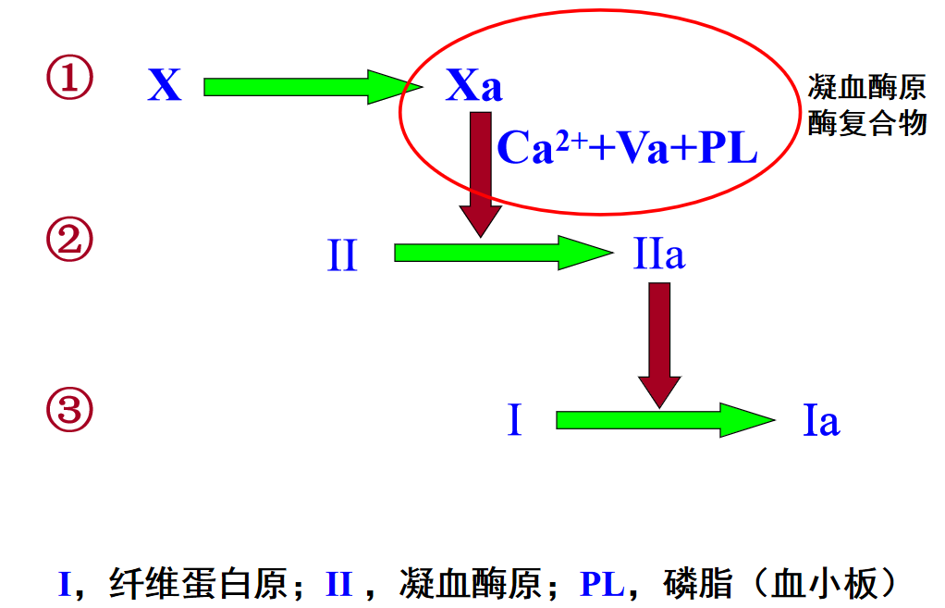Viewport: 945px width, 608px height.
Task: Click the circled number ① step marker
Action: click(x=70, y=80)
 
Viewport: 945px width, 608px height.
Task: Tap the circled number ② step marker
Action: click(x=70, y=242)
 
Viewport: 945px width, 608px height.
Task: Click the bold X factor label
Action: click(x=165, y=87)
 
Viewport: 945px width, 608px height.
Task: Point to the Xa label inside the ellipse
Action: click(x=473, y=87)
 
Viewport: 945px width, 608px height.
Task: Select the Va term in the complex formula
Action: click(x=643, y=148)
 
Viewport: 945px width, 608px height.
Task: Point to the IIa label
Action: click(x=659, y=254)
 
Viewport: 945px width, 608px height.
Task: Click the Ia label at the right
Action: click(x=821, y=422)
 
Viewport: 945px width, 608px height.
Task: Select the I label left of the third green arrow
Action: click(x=515, y=422)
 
